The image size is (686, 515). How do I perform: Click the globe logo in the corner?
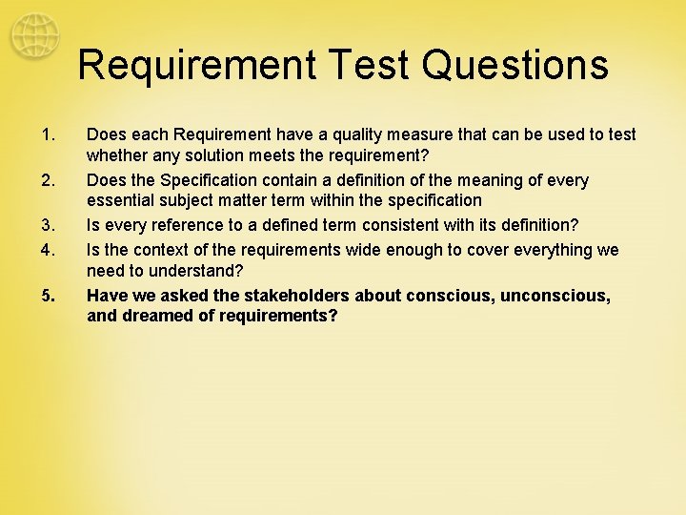coord(33,36)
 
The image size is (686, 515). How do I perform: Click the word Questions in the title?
coord(514,66)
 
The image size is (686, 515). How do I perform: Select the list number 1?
coord(50,135)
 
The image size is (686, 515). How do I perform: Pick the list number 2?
coord(50,180)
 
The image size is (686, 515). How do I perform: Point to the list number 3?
coord(50,226)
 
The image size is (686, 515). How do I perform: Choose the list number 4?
coord(50,249)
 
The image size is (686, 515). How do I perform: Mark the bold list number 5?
coord(50,296)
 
